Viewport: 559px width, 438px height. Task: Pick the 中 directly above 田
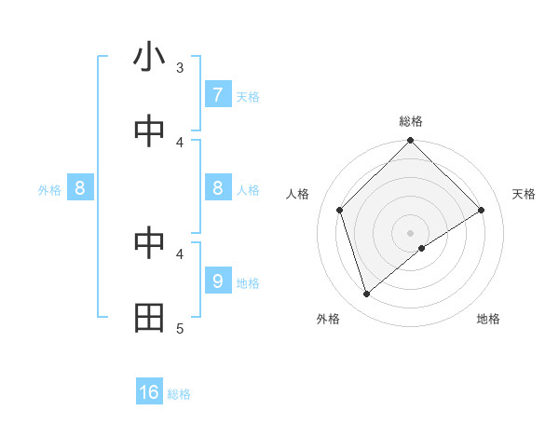[x=149, y=244]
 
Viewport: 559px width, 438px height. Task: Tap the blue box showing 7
[x=217, y=95]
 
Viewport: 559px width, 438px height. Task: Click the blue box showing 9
[x=217, y=281]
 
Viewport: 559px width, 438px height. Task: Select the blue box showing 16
[x=149, y=392]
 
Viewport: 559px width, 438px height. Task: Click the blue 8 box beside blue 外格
[x=80, y=188]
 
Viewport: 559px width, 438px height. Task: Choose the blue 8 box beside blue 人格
[x=217, y=188]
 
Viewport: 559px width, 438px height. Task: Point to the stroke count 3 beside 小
[x=180, y=67]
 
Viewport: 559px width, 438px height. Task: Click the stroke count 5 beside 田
[x=180, y=328]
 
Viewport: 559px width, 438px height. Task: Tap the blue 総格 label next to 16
[x=179, y=394]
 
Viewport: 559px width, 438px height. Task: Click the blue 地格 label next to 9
[x=248, y=283]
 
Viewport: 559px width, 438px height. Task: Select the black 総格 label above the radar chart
[x=411, y=121]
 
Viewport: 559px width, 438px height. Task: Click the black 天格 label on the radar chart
[x=525, y=194]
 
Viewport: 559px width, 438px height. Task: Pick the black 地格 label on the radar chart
[x=488, y=319]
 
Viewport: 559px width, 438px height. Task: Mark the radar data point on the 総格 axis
[x=410, y=142]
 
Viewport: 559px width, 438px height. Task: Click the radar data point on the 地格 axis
[x=422, y=248]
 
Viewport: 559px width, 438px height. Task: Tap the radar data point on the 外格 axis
[x=366, y=294]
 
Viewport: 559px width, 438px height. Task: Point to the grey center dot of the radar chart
[x=410, y=232]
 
